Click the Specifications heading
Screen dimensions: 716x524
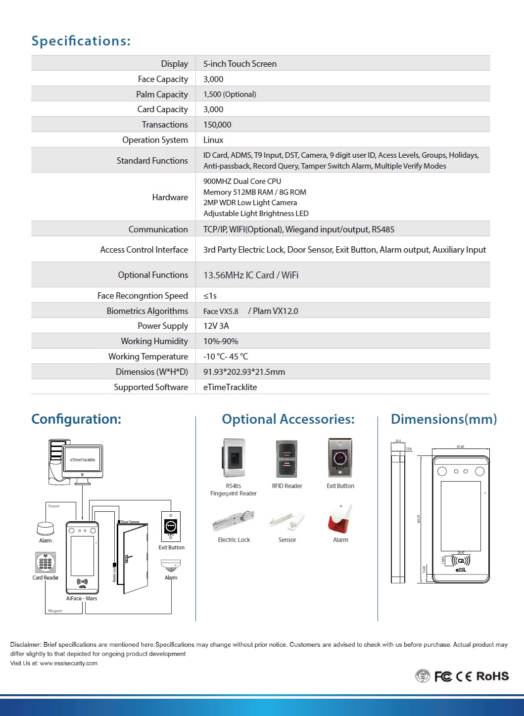pyautogui.click(x=81, y=41)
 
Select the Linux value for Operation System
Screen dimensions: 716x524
pyautogui.click(x=213, y=140)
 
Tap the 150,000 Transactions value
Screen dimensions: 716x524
pyautogui.click(x=217, y=125)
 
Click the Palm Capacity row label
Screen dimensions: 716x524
pyautogui.click(x=162, y=94)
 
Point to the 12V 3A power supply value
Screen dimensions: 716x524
pyautogui.click(x=216, y=326)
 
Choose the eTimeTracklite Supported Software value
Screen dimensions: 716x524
pyautogui.click(x=230, y=387)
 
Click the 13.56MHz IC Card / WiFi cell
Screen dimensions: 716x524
pyautogui.click(x=251, y=275)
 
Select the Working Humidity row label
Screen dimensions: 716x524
pyautogui.click(x=154, y=341)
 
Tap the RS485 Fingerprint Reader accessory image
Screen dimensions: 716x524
pyautogui.click(x=234, y=458)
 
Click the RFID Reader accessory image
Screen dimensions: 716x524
pyautogui.click(x=286, y=458)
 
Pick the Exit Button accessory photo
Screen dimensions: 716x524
pyautogui.click(x=340, y=457)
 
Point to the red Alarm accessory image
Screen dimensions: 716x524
pyautogui.click(x=340, y=519)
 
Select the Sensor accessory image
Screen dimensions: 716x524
pyautogui.click(x=287, y=520)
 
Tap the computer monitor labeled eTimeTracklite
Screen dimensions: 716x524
pyautogui.click(x=83, y=460)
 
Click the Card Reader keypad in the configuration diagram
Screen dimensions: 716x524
pyautogui.click(x=45, y=562)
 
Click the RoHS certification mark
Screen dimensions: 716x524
pyautogui.click(x=492, y=676)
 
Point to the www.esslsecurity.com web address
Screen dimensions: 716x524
pyautogui.click(x=69, y=663)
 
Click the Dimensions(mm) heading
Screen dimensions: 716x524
pyautogui.click(x=444, y=419)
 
